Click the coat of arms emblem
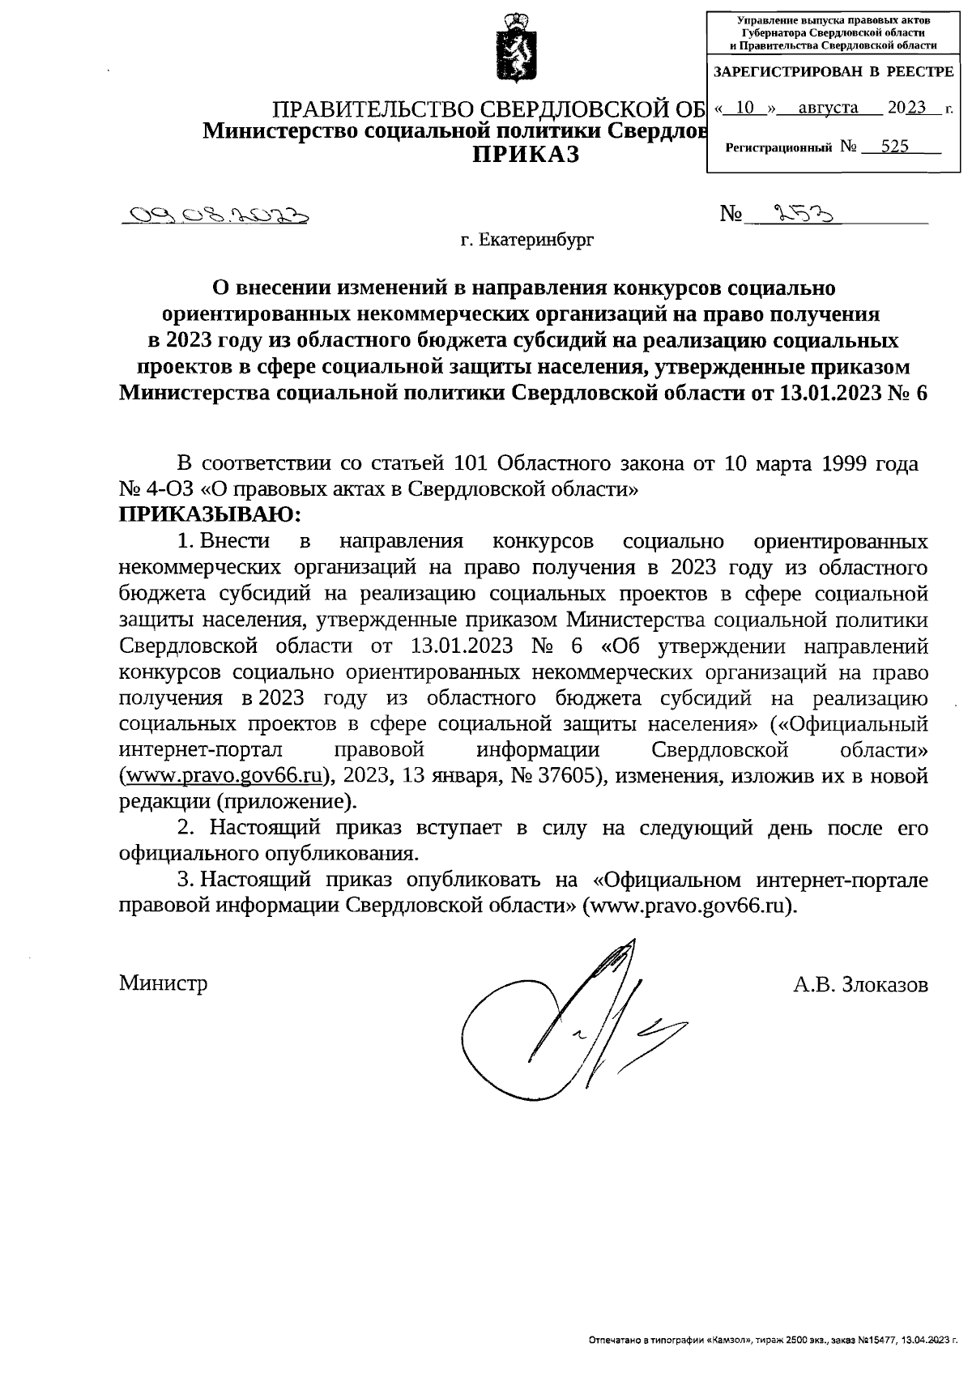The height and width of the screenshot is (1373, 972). click(512, 51)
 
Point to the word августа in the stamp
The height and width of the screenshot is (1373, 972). click(827, 107)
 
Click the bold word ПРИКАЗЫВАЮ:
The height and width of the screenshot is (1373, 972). click(210, 514)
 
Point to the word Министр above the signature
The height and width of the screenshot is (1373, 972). click(164, 983)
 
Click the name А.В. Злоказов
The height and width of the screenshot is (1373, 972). click(860, 984)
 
